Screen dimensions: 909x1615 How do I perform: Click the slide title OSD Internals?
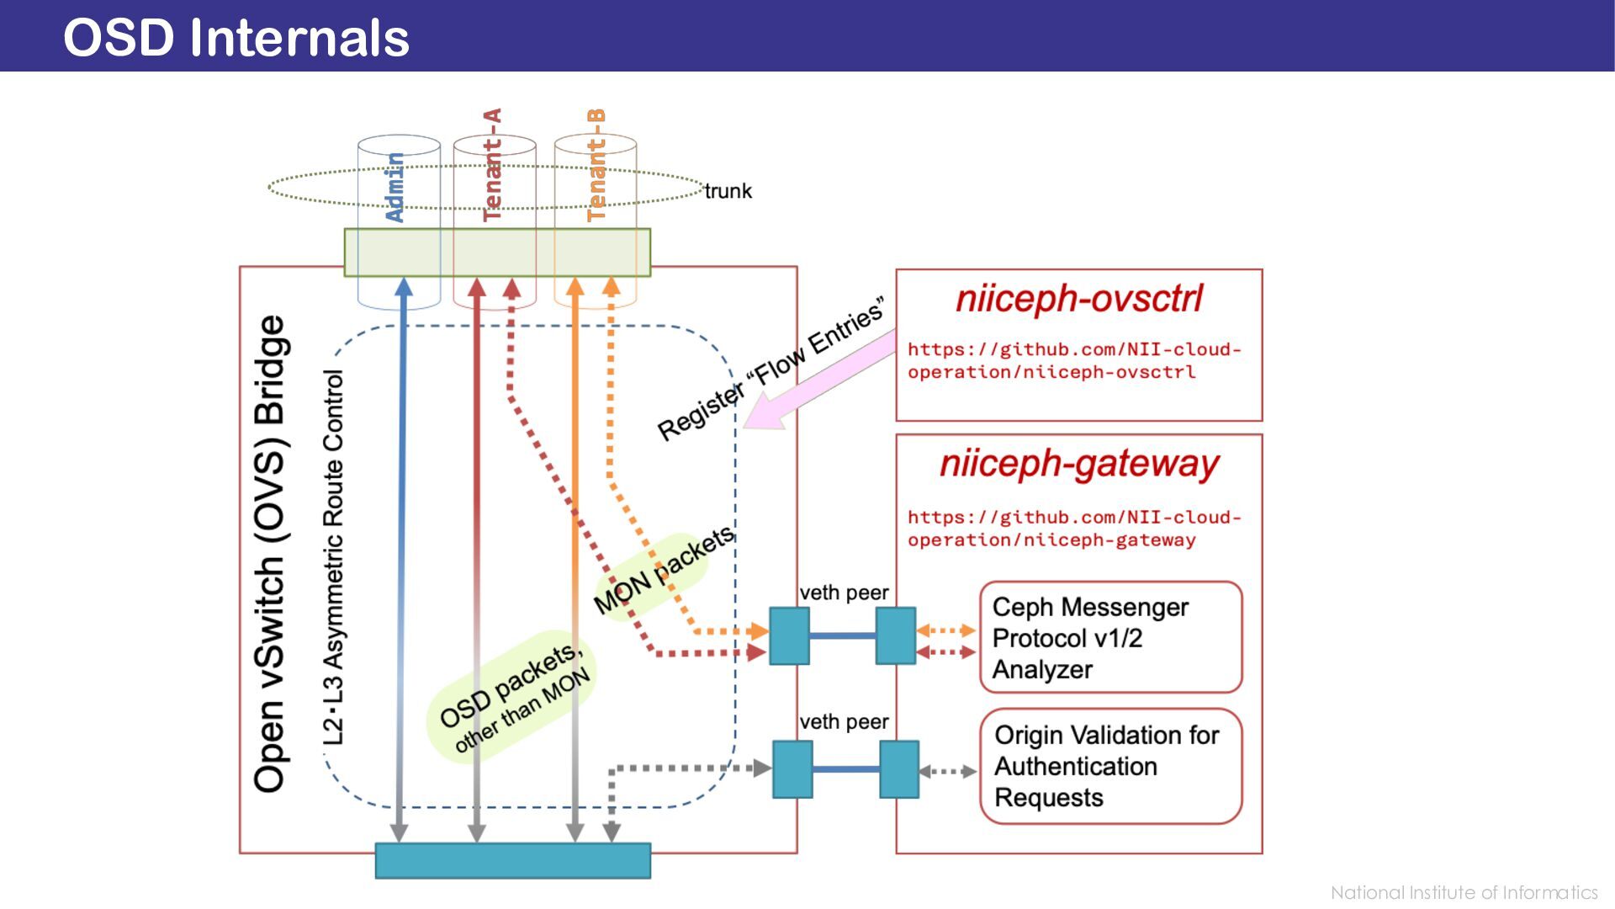coord(236,38)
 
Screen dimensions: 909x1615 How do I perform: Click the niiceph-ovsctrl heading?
coord(1079,299)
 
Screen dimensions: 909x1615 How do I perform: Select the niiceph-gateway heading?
coord(1079,464)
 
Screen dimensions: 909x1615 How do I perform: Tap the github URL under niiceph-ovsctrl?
coord(1073,360)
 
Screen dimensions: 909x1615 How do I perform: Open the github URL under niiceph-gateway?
coord(1073,529)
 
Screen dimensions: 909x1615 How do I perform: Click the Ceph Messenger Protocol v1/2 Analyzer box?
coord(1110,637)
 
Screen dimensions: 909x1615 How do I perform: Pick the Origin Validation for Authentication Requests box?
coord(1110,766)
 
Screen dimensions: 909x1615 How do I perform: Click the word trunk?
coord(728,191)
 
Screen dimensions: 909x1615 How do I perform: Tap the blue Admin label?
coord(394,187)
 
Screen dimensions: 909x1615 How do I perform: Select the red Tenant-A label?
coord(492,165)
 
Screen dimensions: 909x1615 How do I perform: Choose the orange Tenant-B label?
coord(596,165)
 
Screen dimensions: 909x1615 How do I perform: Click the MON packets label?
coord(664,570)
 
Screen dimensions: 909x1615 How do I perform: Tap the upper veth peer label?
coord(844,593)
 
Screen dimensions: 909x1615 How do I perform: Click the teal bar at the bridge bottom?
coord(512,860)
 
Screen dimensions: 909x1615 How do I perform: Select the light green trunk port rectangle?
coord(497,252)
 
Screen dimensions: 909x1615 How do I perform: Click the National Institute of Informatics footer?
coord(1464,892)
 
